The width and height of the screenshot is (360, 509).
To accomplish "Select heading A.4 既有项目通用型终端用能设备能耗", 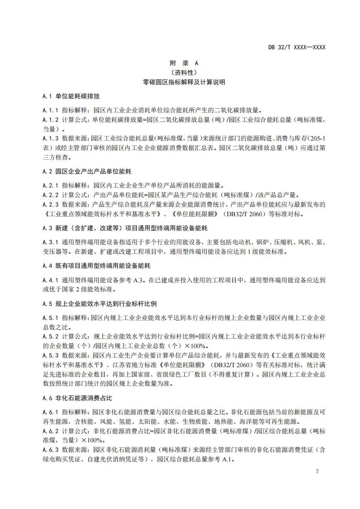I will click(x=96, y=264).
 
